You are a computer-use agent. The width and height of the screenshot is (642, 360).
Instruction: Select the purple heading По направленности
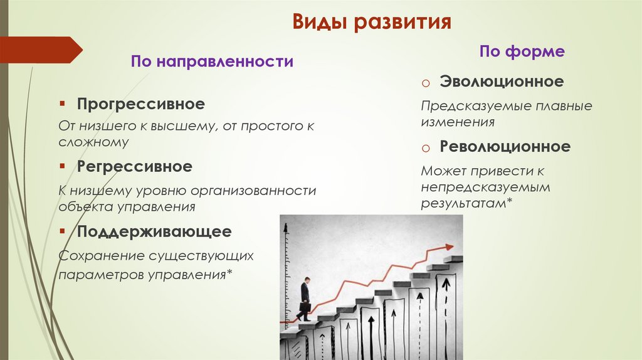click(x=212, y=61)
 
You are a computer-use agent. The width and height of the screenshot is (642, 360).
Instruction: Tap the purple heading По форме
click(x=522, y=51)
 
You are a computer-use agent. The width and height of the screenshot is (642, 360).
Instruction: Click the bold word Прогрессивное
click(x=141, y=103)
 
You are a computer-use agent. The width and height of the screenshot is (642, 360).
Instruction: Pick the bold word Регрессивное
click(x=135, y=167)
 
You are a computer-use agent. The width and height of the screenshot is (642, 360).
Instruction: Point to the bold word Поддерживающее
click(x=154, y=231)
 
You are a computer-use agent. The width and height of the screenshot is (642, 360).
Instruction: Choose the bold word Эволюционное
click(x=502, y=82)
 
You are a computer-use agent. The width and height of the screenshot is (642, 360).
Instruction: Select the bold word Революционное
click(x=505, y=147)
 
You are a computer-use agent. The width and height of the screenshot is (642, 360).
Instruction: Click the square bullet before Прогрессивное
click(x=63, y=102)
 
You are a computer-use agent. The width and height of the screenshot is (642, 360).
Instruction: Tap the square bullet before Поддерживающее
click(x=63, y=231)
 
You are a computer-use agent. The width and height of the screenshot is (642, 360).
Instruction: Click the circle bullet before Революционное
click(x=424, y=149)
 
